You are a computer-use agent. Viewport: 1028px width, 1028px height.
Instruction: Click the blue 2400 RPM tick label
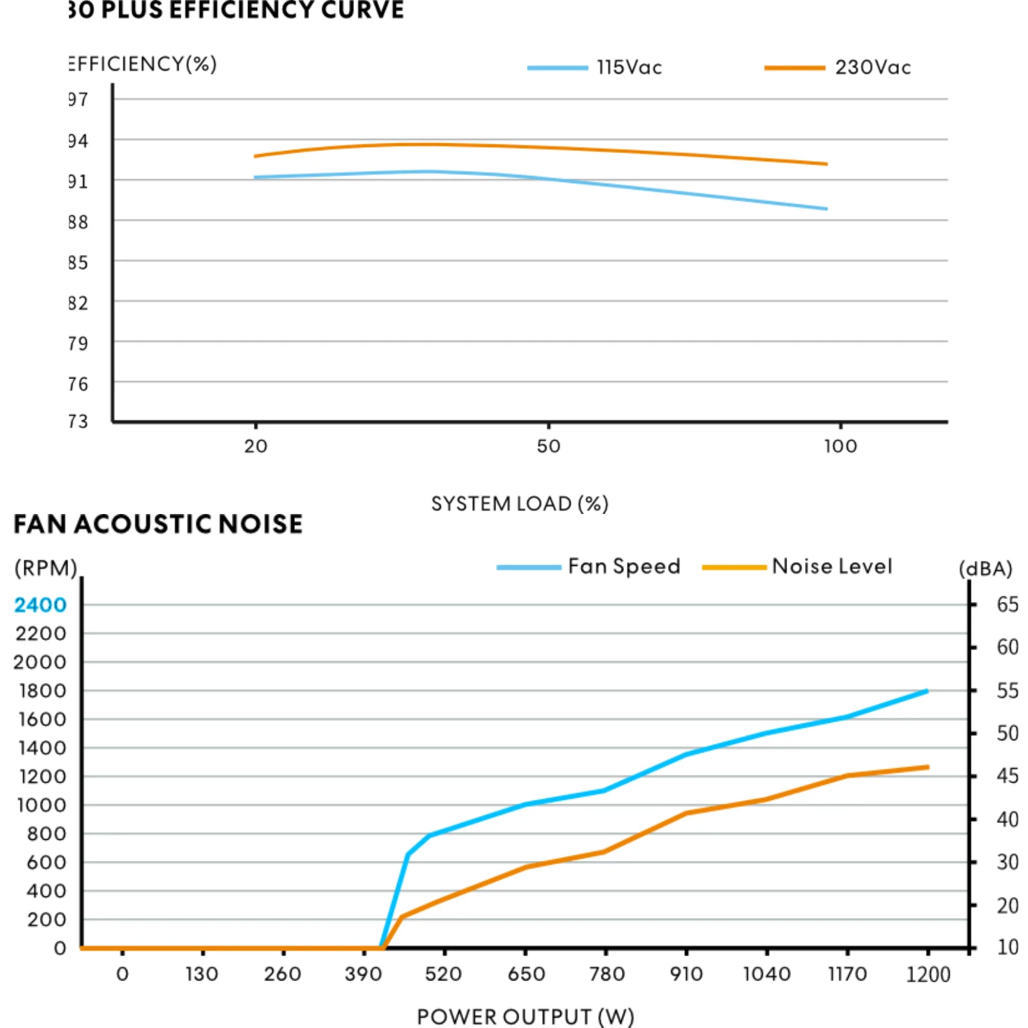click(x=40, y=605)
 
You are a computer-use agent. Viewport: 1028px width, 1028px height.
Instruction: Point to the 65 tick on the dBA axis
click(x=1007, y=605)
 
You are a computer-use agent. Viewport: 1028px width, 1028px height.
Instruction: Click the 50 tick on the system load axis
click(x=549, y=446)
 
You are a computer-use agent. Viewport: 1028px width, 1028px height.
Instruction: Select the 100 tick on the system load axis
click(x=840, y=446)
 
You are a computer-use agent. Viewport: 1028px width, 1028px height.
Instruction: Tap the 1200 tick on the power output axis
click(x=928, y=974)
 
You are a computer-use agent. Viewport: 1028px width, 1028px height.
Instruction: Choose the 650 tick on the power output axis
click(x=526, y=974)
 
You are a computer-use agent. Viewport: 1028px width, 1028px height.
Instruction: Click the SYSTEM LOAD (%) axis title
click(x=519, y=504)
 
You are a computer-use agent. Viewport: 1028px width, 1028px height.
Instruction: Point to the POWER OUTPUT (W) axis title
click(x=525, y=1016)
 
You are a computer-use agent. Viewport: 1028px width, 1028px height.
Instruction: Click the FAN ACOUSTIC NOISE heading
click(x=158, y=524)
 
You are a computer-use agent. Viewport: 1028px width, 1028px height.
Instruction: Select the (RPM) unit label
click(x=46, y=568)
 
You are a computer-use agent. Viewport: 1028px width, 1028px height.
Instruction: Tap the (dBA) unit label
click(x=985, y=569)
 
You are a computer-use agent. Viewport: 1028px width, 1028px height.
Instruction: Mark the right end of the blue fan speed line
click(x=926, y=691)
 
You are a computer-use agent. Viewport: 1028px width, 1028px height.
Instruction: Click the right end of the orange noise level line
click(x=927, y=767)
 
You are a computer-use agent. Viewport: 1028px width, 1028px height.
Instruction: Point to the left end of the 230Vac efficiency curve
click(x=256, y=156)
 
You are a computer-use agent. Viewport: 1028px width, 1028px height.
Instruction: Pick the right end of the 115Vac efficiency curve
click(x=826, y=209)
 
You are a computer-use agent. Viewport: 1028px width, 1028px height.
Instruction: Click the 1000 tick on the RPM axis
click(x=42, y=805)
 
